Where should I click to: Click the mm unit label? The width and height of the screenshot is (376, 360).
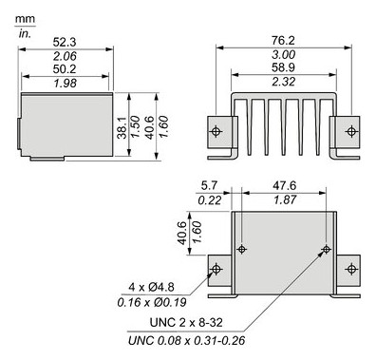point(26,17)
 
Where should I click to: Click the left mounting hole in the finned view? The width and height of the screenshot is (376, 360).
point(216,131)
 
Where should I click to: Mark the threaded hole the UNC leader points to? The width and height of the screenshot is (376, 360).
point(327,249)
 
